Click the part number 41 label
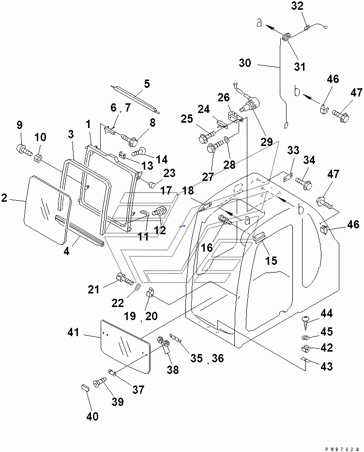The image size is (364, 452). [x=73, y=332]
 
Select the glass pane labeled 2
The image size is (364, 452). [x=47, y=210]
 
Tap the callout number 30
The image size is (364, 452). [x=245, y=63]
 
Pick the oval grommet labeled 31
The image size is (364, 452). [x=286, y=37]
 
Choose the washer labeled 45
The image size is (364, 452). [x=305, y=338]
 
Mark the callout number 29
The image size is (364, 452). [x=266, y=142]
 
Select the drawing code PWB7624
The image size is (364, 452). [x=342, y=449]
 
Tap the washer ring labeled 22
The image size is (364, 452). [x=137, y=287]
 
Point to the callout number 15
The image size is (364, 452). [x=271, y=260]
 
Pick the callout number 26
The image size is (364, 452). [x=223, y=97]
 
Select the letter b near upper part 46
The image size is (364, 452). [x=297, y=91]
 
